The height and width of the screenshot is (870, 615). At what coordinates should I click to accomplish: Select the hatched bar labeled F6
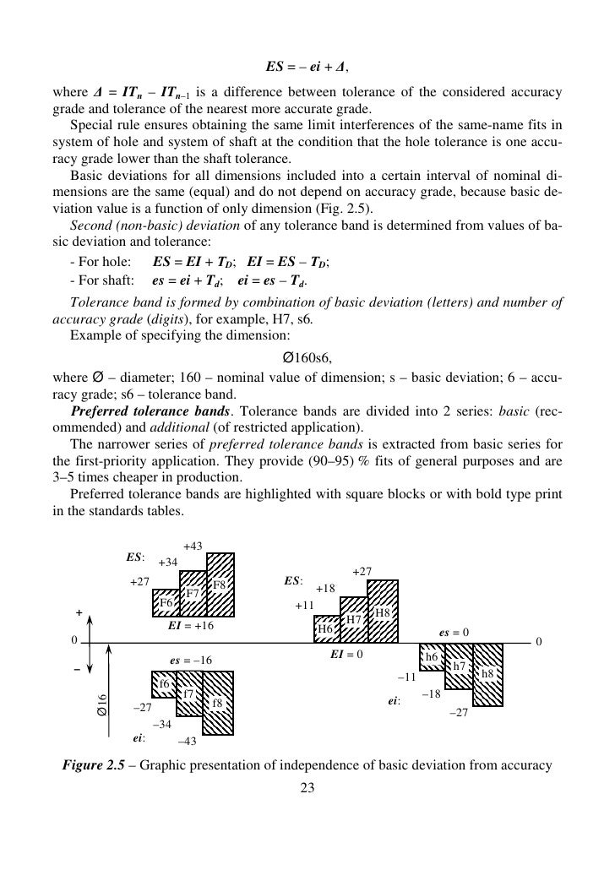click(x=166, y=603)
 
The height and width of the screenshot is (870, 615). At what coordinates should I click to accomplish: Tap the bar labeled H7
click(x=354, y=619)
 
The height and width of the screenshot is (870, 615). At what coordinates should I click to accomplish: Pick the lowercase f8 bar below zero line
click(x=219, y=704)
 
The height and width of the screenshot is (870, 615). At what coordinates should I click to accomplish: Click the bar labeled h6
click(x=432, y=656)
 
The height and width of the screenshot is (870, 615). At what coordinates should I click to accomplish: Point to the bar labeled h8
click(x=487, y=674)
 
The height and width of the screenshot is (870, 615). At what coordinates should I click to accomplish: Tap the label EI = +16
click(x=190, y=627)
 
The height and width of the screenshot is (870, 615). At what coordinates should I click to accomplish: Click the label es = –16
click(x=191, y=661)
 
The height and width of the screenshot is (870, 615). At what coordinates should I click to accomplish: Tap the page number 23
click(x=307, y=789)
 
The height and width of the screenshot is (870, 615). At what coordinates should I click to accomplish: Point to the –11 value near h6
click(x=407, y=677)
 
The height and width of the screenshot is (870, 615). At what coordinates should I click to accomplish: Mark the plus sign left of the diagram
click(x=79, y=612)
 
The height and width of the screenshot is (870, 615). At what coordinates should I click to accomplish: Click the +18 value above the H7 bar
click(x=326, y=589)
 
